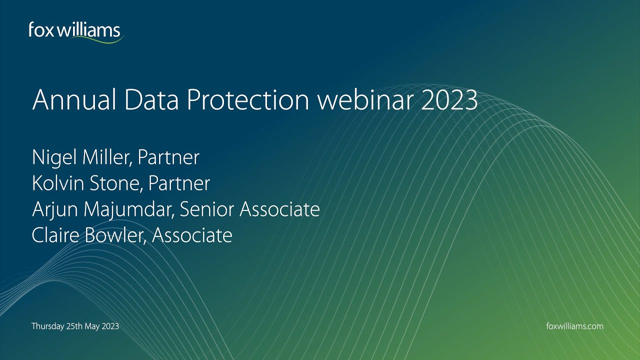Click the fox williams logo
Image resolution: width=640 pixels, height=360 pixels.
click(x=75, y=31)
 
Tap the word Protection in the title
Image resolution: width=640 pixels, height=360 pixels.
click(x=247, y=100)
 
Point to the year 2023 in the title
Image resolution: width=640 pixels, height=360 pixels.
click(x=448, y=100)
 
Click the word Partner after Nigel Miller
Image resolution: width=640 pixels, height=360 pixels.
click(x=168, y=157)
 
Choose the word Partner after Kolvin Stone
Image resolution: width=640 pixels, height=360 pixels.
click(x=179, y=183)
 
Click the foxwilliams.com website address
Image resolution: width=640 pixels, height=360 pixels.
click(x=575, y=326)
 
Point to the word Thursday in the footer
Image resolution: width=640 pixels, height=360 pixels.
click(x=47, y=326)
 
